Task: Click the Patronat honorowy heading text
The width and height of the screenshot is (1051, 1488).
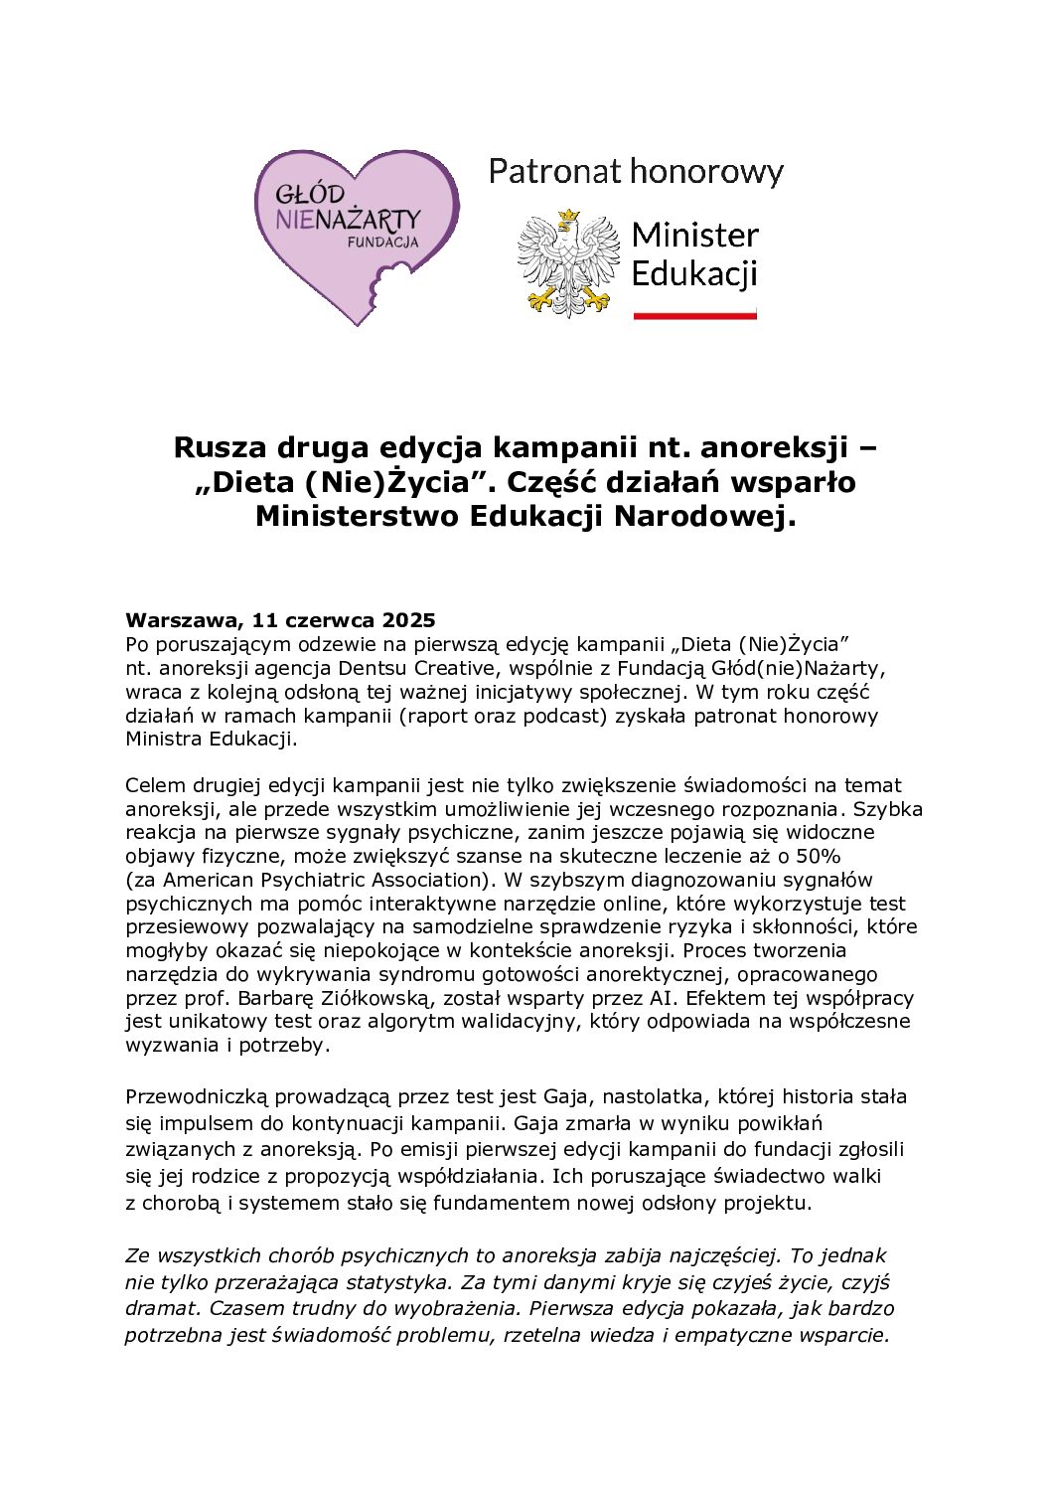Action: click(x=636, y=172)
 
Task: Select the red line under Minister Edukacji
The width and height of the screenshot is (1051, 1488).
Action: click(x=694, y=314)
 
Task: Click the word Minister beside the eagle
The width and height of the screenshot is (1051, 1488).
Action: click(x=694, y=236)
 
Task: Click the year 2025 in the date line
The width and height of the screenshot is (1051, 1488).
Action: click(x=408, y=621)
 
